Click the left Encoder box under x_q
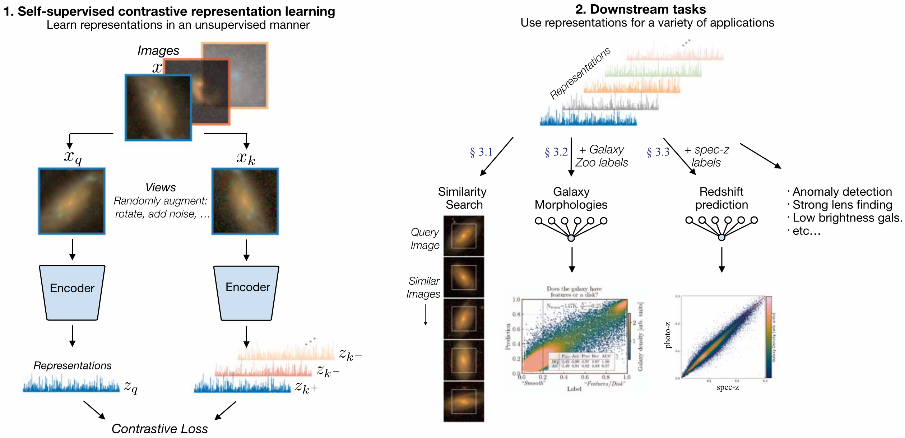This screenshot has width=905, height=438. click(72, 292)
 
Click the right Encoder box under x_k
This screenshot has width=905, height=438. click(247, 292)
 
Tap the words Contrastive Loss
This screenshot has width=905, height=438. click(159, 429)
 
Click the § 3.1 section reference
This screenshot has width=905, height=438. click(481, 152)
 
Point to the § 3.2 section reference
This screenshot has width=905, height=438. click(556, 152)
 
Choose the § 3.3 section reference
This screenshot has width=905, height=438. click(658, 152)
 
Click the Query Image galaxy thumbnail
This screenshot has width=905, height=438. click(464, 236)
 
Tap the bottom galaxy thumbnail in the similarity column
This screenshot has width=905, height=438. click(464, 401)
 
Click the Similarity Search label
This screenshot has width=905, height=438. click(463, 198)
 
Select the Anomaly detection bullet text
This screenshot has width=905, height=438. click(842, 192)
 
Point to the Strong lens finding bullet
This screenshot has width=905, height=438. click(842, 205)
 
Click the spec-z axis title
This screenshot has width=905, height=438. click(728, 387)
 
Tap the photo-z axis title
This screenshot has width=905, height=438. click(668, 335)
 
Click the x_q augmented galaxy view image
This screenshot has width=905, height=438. click(72, 201)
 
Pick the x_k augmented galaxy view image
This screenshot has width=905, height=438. click(245, 201)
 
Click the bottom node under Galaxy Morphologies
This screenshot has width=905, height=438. click(571, 238)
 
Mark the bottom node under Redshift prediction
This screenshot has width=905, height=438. click(721, 237)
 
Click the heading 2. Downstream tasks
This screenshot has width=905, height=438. click(640, 9)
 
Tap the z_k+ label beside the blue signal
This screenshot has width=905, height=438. click(306, 388)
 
